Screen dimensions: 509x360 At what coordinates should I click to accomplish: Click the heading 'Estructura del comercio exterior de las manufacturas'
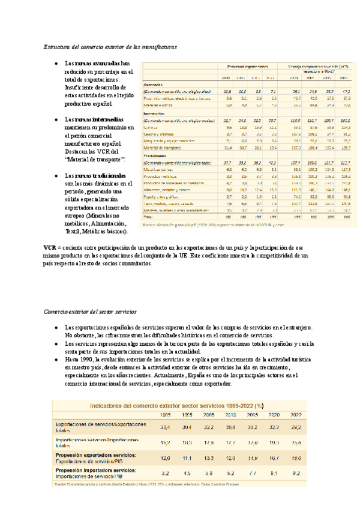tap(110, 46)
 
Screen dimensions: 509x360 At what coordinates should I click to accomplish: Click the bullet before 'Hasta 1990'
tap(55, 358)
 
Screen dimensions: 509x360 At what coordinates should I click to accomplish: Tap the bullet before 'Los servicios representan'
tap(55, 343)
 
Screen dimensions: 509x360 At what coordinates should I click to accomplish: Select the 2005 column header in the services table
tap(209, 415)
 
